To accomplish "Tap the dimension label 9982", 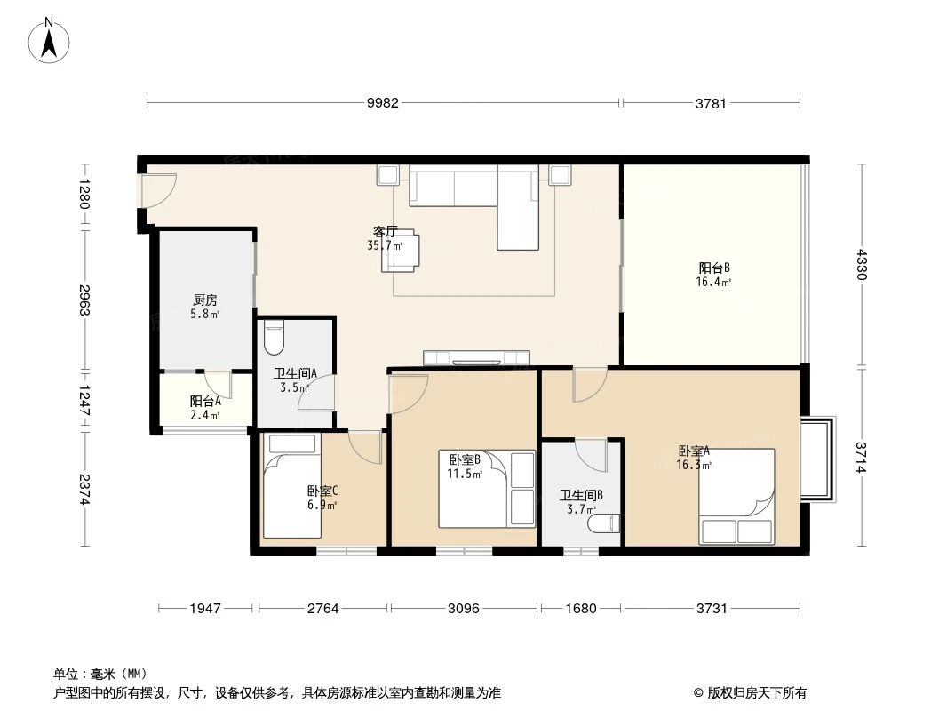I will [383, 103].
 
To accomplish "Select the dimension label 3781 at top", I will [712, 103].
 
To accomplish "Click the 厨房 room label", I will [204, 300].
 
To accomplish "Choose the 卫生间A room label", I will [290, 374].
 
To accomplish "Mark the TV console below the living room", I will [476, 358].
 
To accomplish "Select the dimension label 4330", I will [860, 266].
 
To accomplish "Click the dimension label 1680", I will [580, 609].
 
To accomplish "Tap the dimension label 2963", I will [84, 300].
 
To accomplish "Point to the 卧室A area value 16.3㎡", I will [693, 464].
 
